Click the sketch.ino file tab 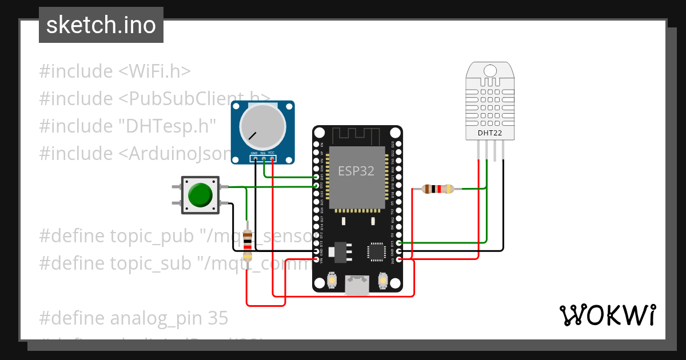[x=101, y=25]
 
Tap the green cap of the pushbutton [x=200, y=195]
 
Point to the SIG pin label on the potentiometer [x=263, y=153]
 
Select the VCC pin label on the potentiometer [x=272, y=153]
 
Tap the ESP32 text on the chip [x=356, y=171]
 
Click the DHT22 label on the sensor [x=490, y=134]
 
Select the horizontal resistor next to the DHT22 [x=437, y=189]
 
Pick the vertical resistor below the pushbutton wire [x=247, y=245]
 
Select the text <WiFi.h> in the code [x=154, y=71]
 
